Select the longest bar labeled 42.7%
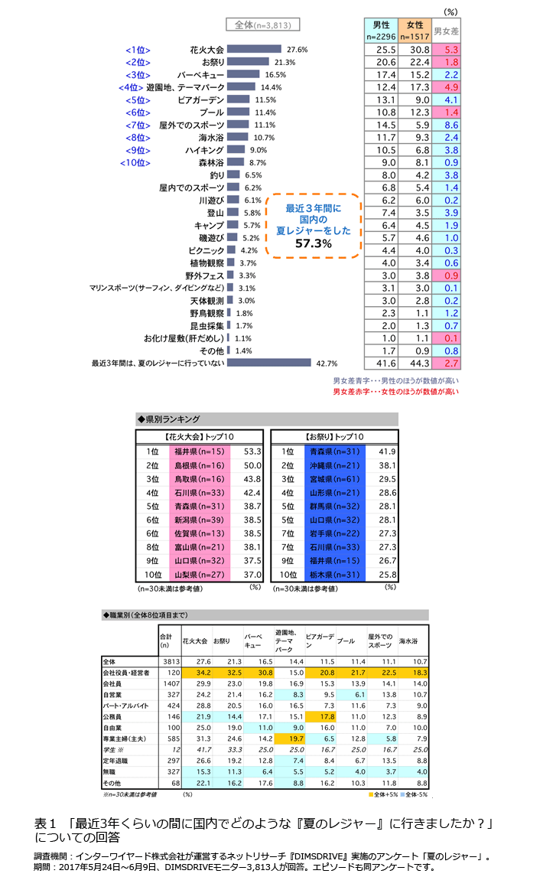(x=270, y=363)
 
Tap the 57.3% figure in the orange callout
(x=313, y=243)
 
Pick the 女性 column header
(x=415, y=30)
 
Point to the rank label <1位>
(x=138, y=50)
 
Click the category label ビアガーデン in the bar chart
(x=201, y=99)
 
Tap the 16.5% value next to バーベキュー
(x=275, y=75)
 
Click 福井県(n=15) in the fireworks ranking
(x=197, y=452)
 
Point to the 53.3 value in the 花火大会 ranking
(x=252, y=452)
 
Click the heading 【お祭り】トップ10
(x=334, y=436)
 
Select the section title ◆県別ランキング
(x=168, y=419)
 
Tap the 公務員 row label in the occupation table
(x=115, y=716)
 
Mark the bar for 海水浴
(x=245, y=137)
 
